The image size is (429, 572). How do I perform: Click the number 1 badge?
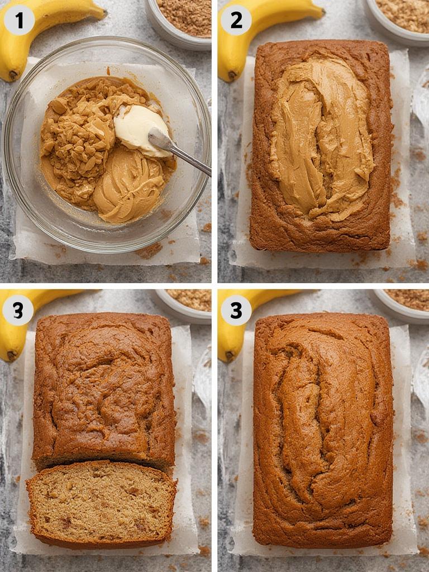[19, 20]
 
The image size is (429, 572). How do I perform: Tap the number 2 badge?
[236, 20]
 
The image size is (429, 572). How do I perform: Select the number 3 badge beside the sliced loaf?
[18, 310]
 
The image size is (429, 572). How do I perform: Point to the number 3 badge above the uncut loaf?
[236, 310]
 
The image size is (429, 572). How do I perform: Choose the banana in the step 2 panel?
[263, 22]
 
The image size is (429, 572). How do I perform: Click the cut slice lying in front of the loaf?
[101, 503]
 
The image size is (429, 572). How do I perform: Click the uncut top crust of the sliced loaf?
[103, 385]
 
